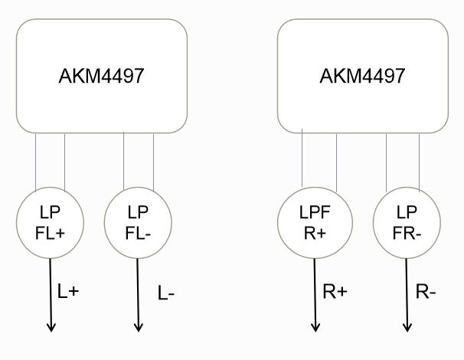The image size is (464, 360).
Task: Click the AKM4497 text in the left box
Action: (x=102, y=77)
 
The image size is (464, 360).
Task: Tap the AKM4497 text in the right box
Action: (x=362, y=77)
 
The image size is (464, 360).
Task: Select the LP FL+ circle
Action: (x=49, y=221)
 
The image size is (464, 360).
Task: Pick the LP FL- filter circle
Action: (x=138, y=221)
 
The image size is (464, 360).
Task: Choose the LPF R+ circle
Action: (x=315, y=221)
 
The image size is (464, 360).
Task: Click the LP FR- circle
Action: (x=407, y=221)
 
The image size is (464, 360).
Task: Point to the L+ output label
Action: (x=68, y=291)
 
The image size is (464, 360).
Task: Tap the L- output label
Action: (x=167, y=293)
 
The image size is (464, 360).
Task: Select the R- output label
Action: (x=426, y=292)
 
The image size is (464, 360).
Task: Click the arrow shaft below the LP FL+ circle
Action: (x=51, y=291)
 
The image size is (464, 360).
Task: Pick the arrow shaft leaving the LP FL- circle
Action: (x=139, y=291)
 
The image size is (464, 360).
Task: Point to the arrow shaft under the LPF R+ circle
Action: (x=315, y=291)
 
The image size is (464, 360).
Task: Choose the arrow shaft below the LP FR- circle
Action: (x=407, y=291)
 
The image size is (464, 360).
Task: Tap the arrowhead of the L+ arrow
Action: (x=51, y=327)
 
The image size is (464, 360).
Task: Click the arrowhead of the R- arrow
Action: (x=407, y=327)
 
